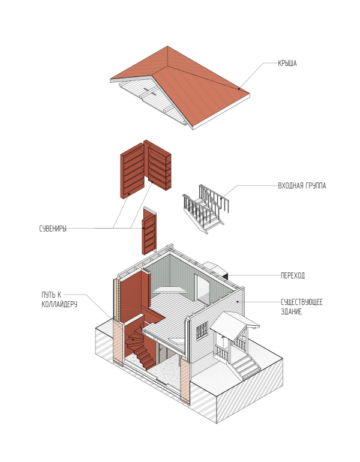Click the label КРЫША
[x=287, y=64]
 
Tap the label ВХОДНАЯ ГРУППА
[x=302, y=186]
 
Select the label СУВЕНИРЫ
[x=53, y=229]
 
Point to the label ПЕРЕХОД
[x=293, y=276]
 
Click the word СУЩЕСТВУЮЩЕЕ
[x=302, y=302]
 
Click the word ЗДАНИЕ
[x=292, y=312]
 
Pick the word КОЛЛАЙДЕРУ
[x=59, y=304]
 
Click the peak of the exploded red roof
[x=167, y=46]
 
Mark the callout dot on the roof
[x=239, y=88]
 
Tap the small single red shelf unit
[x=149, y=231]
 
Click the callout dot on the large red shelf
[x=129, y=194]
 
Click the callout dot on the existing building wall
[x=238, y=302]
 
